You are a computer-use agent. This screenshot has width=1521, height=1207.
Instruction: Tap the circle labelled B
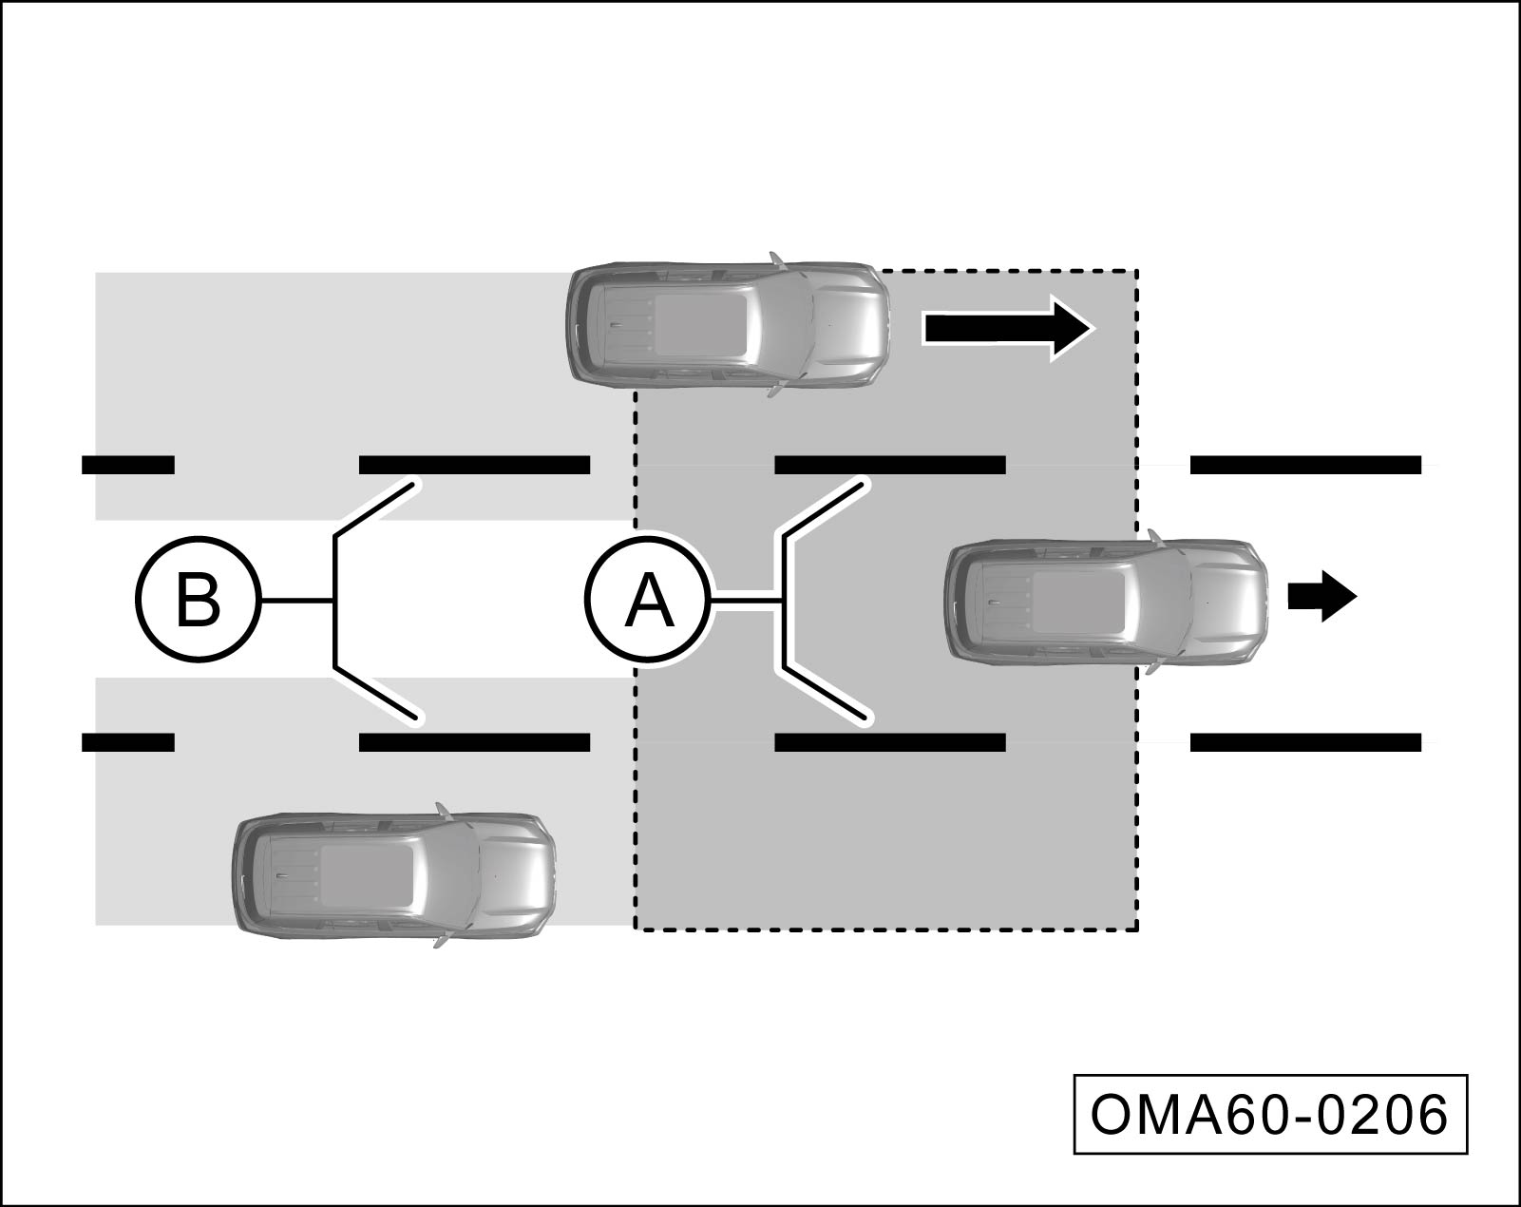click(198, 599)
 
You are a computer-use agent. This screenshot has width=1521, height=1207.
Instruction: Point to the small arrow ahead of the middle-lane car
click(1321, 597)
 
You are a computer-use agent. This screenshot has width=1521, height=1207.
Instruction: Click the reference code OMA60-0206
click(1270, 1114)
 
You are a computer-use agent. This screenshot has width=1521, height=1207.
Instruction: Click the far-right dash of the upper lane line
click(1305, 465)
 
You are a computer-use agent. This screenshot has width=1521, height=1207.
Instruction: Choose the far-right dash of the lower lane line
click(1305, 742)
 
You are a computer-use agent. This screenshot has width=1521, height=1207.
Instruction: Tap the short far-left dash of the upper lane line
click(128, 465)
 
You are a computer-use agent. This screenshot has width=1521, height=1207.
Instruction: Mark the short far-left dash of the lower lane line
click(128, 742)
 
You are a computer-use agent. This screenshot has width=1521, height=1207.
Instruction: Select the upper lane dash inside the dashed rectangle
click(890, 465)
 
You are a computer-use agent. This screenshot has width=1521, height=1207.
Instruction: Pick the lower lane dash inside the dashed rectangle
click(890, 742)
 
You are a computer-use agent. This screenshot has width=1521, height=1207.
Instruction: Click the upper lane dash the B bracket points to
click(474, 465)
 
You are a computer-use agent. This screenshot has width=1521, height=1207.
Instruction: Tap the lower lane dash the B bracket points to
click(474, 742)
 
